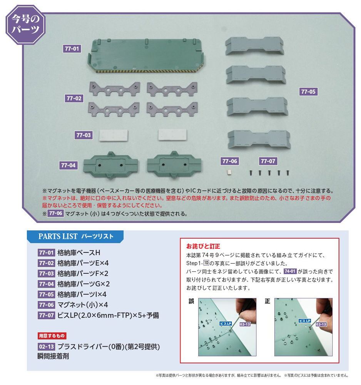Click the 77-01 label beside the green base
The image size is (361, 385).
pyautogui.click(x=72, y=49)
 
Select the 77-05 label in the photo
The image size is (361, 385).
pyautogui.click(x=308, y=92)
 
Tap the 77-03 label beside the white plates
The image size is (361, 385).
pyautogui.click(x=84, y=135)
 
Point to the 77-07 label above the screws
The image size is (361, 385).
pyautogui.click(x=268, y=161)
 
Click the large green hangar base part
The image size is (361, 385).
pyautogui.click(x=146, y=56)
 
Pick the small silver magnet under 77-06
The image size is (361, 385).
pyautogui.click(x=229, y=172)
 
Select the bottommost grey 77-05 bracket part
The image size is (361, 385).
pyautogui.click(x=259, y=139)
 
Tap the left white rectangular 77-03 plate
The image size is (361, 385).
pyautogui.click(x=114, y=136)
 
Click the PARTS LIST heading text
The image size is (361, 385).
pyautogui.click(x=58, y=236)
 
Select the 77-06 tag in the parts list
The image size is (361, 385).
pyautogui.click(x=47, y=305)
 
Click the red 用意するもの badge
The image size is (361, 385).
pyautogui.click(x=52, y=336)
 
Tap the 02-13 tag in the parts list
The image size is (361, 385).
pyautogui.click(x=47, y=347)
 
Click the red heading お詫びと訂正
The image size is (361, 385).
pyautogui.click(x=203, y=246)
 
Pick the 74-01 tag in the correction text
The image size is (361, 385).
pyautogui.click(x=290, y=271)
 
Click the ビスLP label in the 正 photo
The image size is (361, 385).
pyautogui.click(x=305, y=321)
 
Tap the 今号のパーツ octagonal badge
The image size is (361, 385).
pyautogui.click(x=25, y=25)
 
